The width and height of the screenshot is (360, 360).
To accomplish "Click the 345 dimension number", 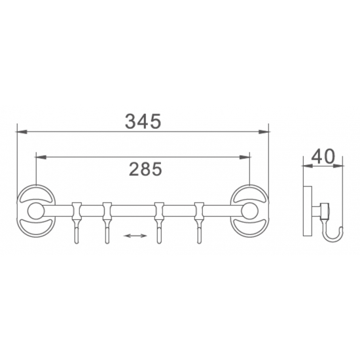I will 143,120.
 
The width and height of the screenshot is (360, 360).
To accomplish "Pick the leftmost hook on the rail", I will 76,229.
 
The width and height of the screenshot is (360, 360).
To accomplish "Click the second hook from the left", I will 107,229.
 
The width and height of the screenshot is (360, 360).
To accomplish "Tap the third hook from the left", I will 158,229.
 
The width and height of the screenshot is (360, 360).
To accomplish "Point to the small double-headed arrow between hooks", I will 135,234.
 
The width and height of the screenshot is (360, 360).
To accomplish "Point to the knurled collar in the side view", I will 323,211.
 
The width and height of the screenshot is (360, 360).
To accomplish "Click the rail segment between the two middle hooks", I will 133,211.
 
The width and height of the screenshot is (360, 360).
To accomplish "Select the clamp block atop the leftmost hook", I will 76,210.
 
